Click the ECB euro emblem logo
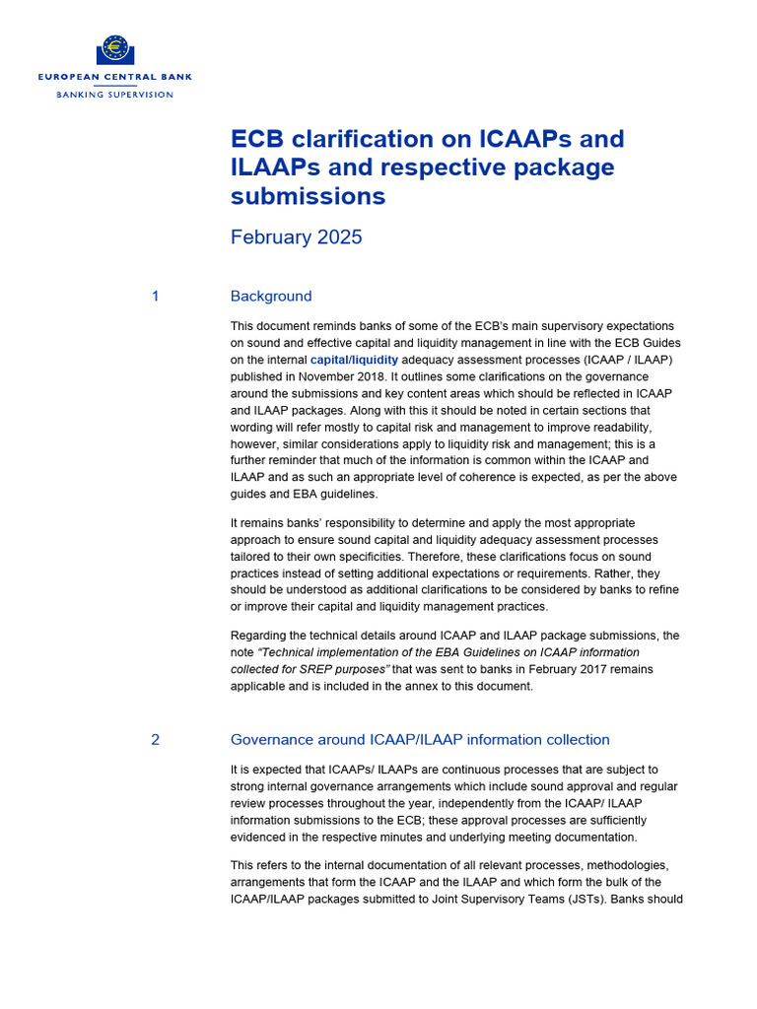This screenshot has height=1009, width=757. pos(115,49)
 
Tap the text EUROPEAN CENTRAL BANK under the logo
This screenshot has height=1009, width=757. pos(115,76)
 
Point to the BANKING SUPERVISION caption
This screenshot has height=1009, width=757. pos(115,95)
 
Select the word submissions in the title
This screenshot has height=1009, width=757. pos(308,196)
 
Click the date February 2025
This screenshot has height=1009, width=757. pos(296,237)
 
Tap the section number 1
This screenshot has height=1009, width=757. pos(155,297)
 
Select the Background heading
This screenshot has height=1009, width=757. pos(271,297)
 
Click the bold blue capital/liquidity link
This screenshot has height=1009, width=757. pos(355,360)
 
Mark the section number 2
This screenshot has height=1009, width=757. pos(155,740)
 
